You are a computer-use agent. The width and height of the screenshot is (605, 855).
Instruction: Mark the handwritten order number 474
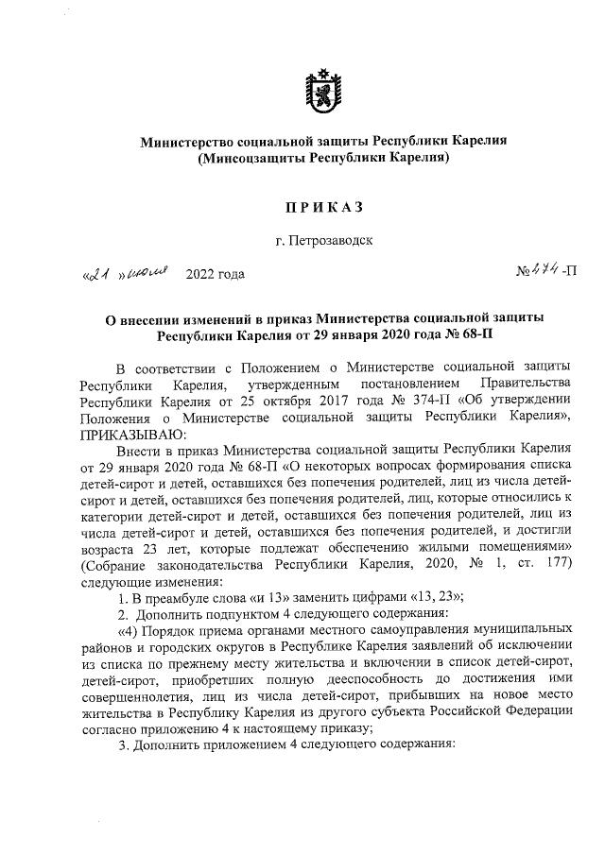click(x=544, y=274)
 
